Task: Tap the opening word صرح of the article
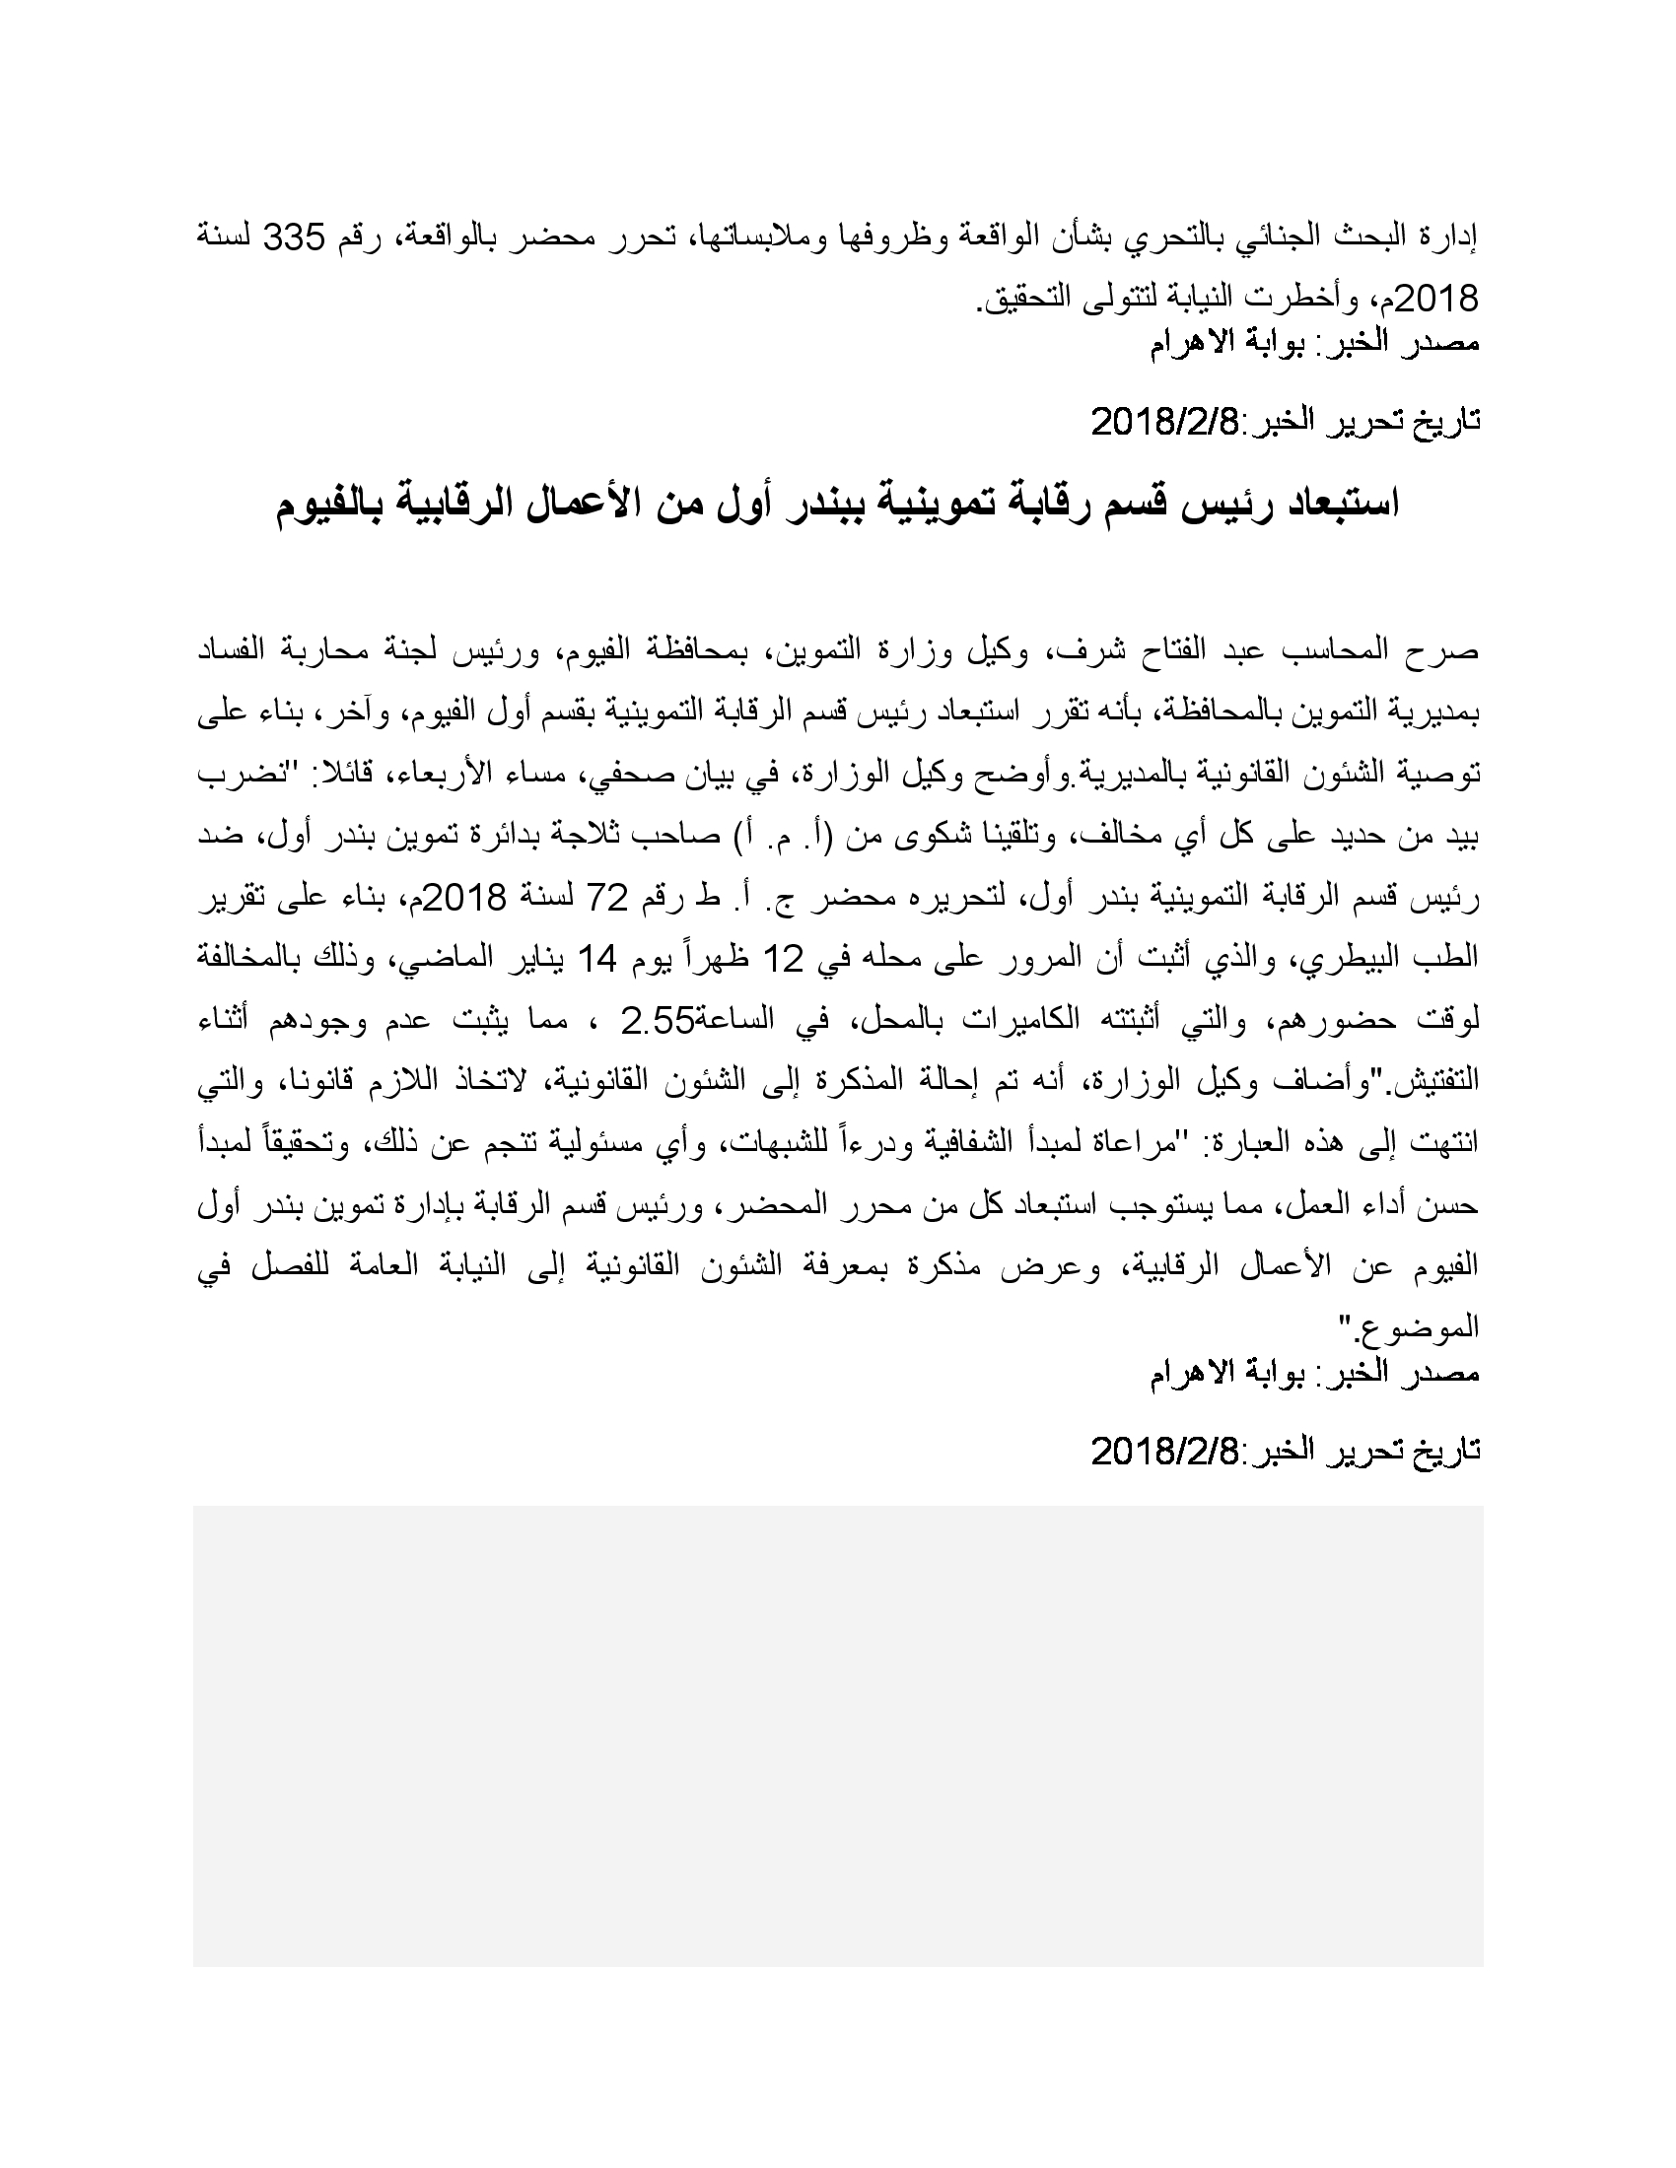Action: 1452,651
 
